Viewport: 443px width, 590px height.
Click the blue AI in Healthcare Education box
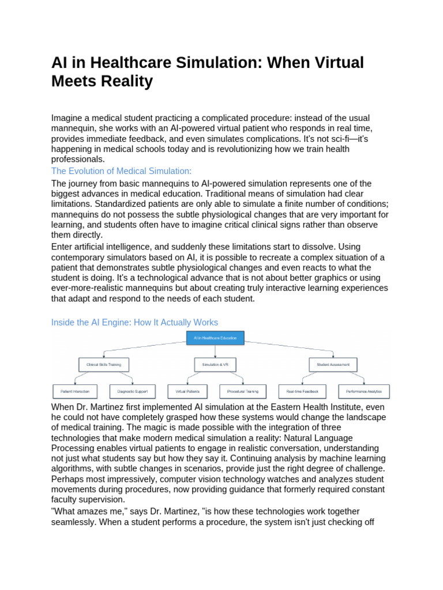point(216,338)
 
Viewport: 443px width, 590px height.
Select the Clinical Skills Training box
point(104,365)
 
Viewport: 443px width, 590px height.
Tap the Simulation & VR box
point(215,365)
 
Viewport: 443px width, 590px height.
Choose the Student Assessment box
point(333,365)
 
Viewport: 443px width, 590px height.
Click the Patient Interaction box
point(75,392)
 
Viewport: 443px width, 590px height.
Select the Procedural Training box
point(243,392)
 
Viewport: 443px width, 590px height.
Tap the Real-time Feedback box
point(302,392)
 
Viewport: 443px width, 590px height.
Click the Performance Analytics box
point(363,392)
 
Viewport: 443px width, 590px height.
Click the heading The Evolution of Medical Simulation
point(121,171)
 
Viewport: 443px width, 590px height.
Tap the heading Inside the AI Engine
point(135,322)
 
